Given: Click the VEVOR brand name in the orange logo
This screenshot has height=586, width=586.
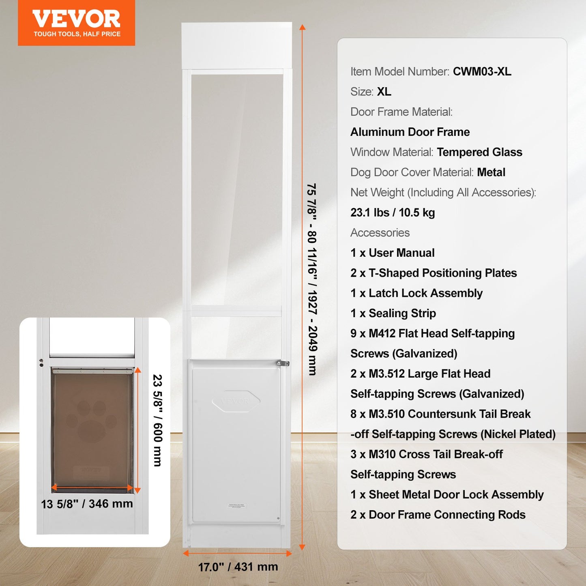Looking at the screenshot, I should click(x=76, y=19).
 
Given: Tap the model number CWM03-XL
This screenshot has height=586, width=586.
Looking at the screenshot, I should click(x=482, y=71).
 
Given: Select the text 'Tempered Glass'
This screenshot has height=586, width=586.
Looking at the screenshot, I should click(x=479, y=152).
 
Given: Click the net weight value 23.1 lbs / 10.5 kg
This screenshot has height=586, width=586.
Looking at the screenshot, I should click(x=393, y=213).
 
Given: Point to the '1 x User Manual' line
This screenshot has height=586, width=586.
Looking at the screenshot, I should click(x=392, y=253).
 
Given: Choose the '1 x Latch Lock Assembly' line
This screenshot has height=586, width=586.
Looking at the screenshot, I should click(x=416, y=293).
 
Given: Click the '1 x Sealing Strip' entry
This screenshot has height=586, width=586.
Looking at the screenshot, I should click(x=393, y=313).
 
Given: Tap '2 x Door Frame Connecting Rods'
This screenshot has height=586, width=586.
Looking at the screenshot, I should click(x=438, y=515).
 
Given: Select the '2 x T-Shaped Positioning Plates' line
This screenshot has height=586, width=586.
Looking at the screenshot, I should click(x=433, y=273).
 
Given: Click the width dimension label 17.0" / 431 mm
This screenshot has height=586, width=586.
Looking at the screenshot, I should click(x=238, y=567).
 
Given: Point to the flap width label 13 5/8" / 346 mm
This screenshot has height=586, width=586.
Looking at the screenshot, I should click(x=87, y=504).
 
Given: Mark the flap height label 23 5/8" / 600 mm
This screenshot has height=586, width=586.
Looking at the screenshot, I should click(x=157, y=420).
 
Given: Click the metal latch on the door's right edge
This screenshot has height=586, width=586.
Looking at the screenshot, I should click(x=282, y=363).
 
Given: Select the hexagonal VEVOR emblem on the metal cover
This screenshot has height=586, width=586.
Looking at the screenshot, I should click(x=236, y=401).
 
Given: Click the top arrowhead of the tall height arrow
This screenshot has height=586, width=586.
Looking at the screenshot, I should click(x=302, y=27).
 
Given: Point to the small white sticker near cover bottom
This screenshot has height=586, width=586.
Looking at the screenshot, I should click(x=236, y=506).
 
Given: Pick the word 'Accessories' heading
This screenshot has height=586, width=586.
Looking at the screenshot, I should click(x=380, y=233).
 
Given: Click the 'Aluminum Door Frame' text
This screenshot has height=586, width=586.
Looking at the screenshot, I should click(x=410, y=132).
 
